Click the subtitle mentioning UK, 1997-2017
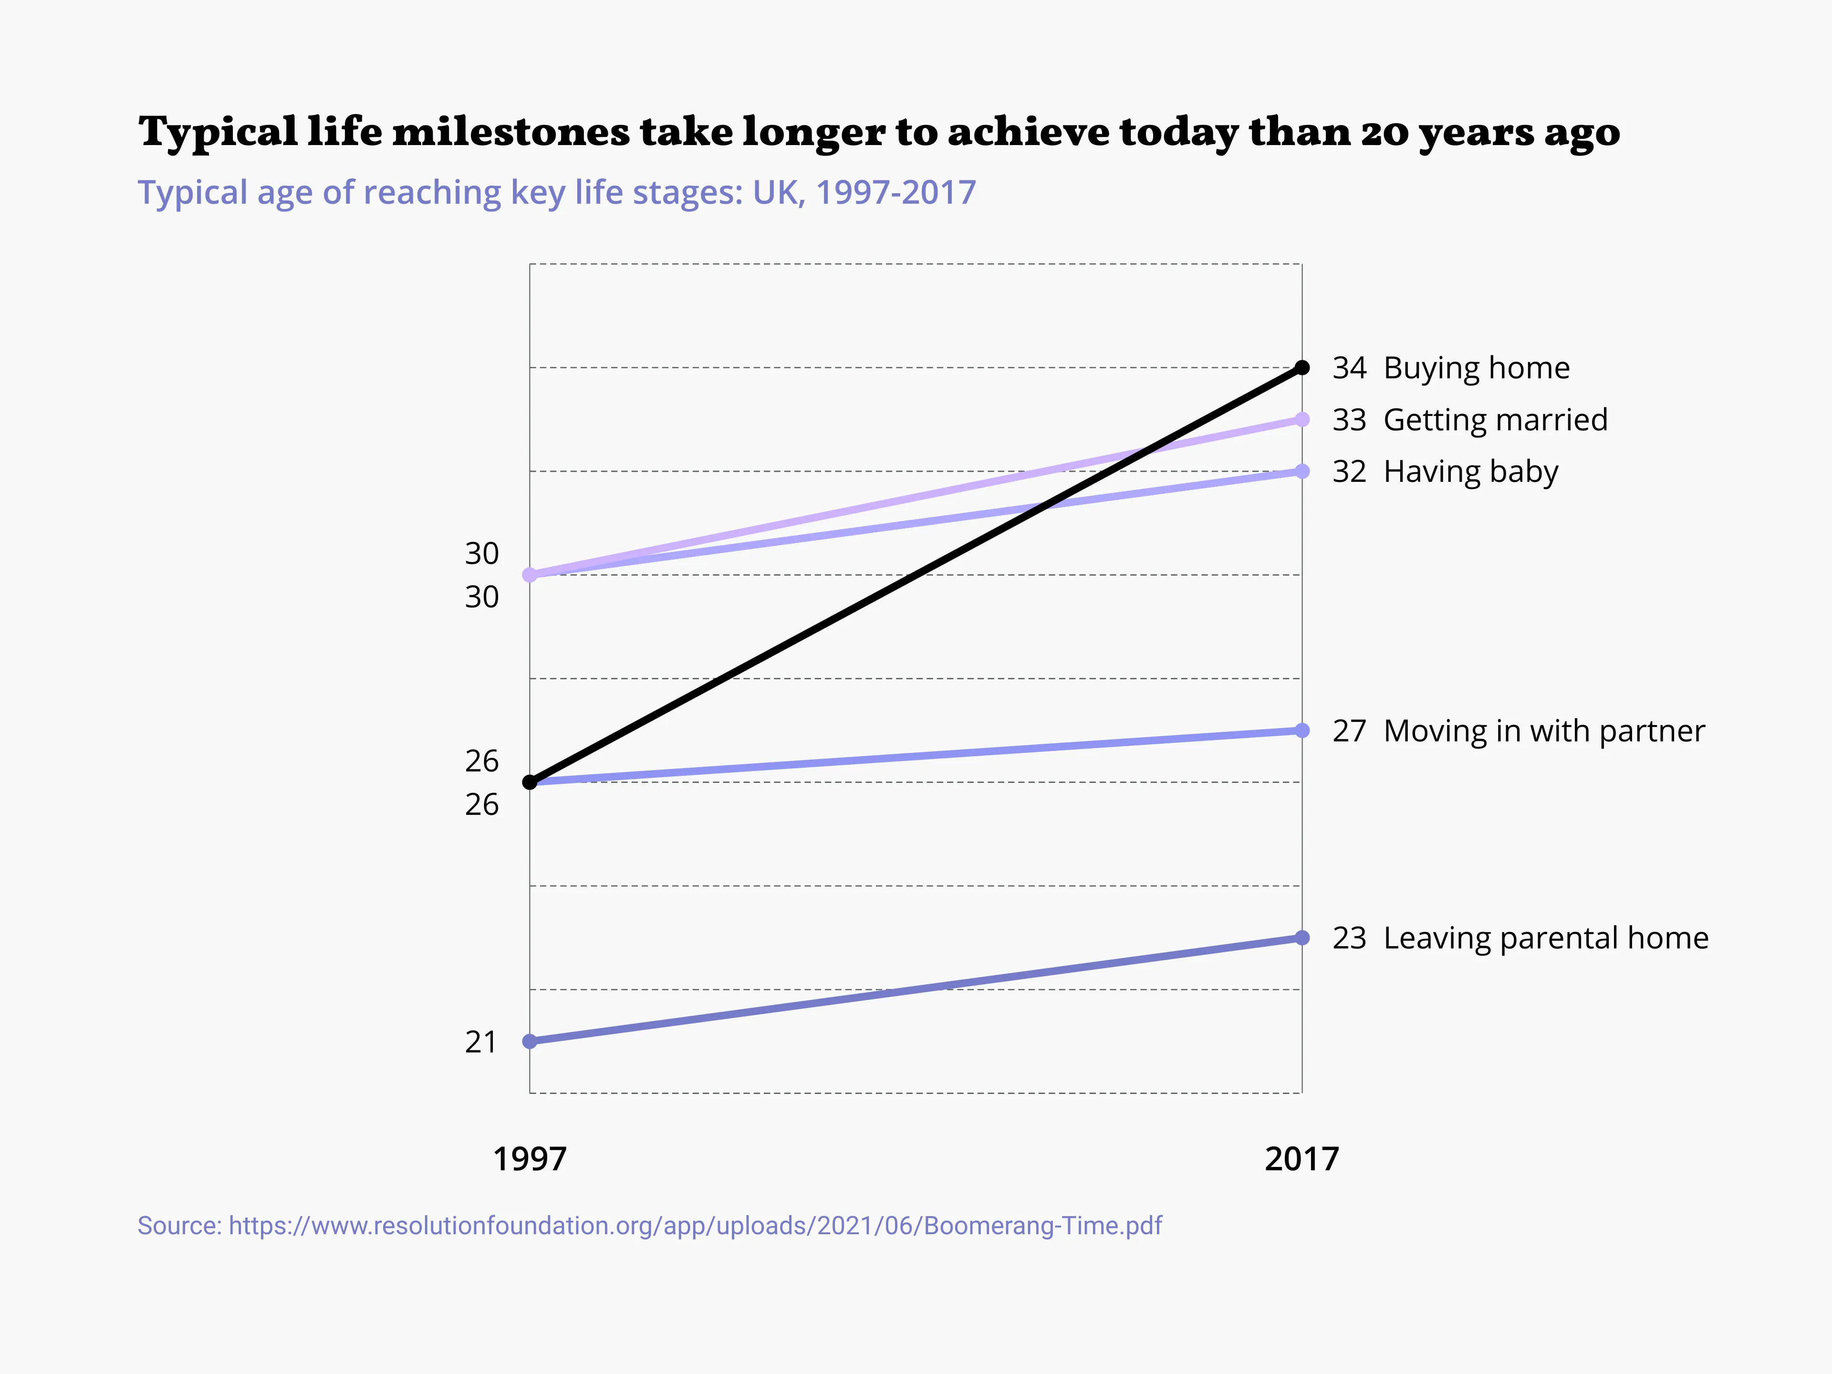click(x=557, y=192)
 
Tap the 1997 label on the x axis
click(x=530, y=1159)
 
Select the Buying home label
click(x=1476, y=368)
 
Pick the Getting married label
click(x=1495, y=420)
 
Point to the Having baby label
click(x=1471, y=471)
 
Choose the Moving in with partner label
click(x=1544, y=730)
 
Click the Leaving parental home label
click(x=1545, y=937)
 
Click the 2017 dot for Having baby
click(x=1302, y=471)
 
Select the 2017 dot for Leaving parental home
click(x=1302, y=937)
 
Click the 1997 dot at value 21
click(x=530, y=1041)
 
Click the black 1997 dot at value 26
click(x=530, y=782)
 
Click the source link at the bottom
click(x=649, y=1226)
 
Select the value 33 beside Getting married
click(x=1348, y=420)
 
